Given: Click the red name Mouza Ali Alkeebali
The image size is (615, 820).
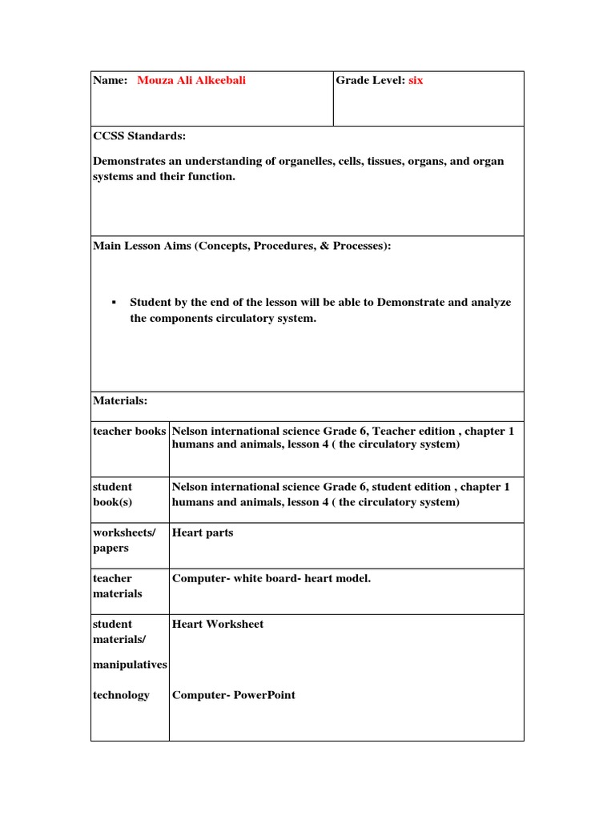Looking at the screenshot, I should (x=191, y=81).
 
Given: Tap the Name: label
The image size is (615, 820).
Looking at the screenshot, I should (x=111, y=81).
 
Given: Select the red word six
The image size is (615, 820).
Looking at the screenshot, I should (x=416, y=81).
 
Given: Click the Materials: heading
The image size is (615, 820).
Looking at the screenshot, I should (x=120, y=400).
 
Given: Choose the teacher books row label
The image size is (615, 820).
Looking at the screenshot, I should (x=130, y=431).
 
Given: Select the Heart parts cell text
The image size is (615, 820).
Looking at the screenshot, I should (x=203, y=533).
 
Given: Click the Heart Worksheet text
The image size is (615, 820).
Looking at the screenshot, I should (x=218, y=624).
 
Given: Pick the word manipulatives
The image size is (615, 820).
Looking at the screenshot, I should (x=130, y=665).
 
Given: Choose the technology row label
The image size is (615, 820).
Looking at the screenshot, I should (x=121, y=695).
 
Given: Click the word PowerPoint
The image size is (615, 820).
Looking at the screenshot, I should (x=264, y=695).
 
